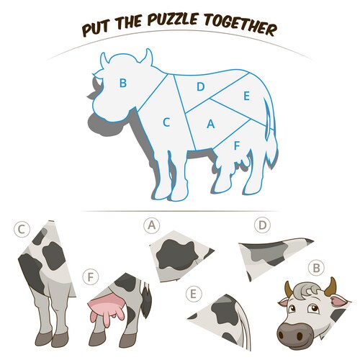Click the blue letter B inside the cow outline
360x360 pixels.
coord(123,83)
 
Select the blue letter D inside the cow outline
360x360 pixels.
coord(200,86)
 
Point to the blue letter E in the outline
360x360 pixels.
coord(246,96)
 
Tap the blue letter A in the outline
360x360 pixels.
coord(210,124)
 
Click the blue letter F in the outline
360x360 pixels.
coord(237,145)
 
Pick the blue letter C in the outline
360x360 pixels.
coord(166,122)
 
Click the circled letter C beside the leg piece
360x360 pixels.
coord(22,230)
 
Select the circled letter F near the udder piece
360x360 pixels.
coord(91,277)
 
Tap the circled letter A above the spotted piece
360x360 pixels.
coord(152,225)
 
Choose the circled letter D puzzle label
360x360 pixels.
coord(263,225)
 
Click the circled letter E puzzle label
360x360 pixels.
coord(194,294)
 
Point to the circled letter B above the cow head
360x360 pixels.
coord(317,268)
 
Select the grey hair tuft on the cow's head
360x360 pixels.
coord(307,289)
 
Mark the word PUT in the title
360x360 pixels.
coord(97,29)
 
